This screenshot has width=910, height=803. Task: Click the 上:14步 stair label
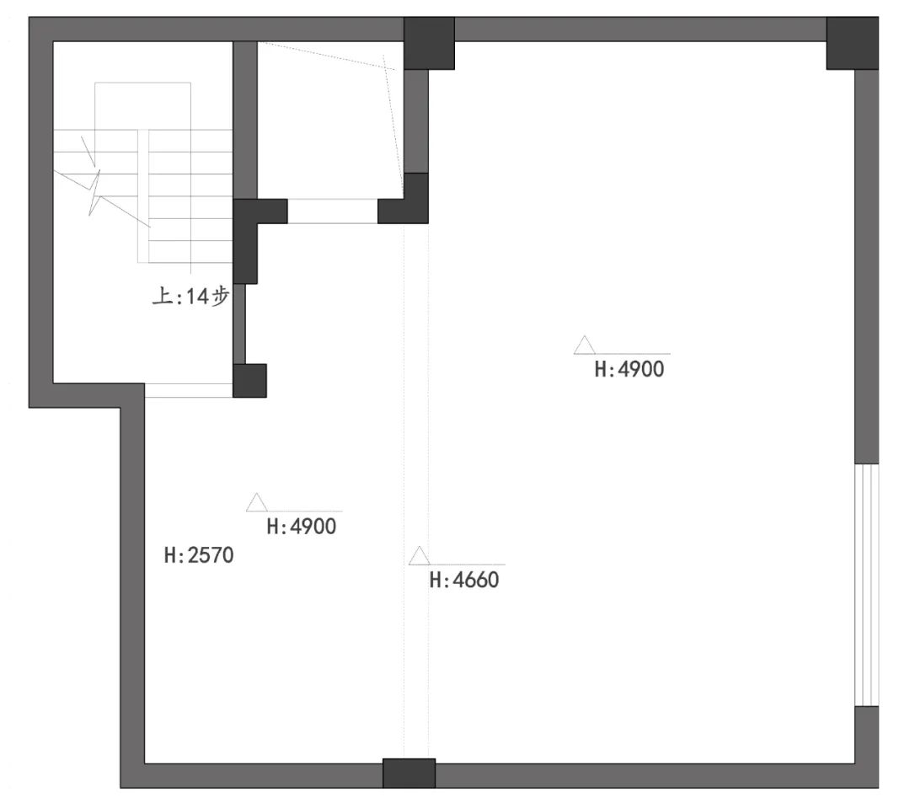click(191, 297)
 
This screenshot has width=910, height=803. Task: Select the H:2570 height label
click(199, 555)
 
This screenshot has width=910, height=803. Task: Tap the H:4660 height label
click(464, 580)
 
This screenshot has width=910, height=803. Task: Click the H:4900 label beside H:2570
click(302, 527)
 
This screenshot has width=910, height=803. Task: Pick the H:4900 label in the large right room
click(629, 369)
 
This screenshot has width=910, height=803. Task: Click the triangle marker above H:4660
click(420, 556)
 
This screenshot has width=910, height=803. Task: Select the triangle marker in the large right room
click(585, 345)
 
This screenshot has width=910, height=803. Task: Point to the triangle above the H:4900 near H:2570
click(256, 503)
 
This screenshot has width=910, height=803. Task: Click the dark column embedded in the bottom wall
click(409, 773)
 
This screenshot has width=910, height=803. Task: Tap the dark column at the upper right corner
click(853, 44)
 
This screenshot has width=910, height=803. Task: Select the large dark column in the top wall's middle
click(429, 44)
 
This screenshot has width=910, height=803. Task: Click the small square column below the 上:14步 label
click(249, 381)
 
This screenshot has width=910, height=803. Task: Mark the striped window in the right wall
click(867, 585)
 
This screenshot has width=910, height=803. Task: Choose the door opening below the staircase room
click(189, 390)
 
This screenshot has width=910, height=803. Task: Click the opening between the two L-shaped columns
click(333, 211)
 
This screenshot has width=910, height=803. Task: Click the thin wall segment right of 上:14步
click(239, 324)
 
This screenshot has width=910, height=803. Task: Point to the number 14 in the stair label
click(196, 297)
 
